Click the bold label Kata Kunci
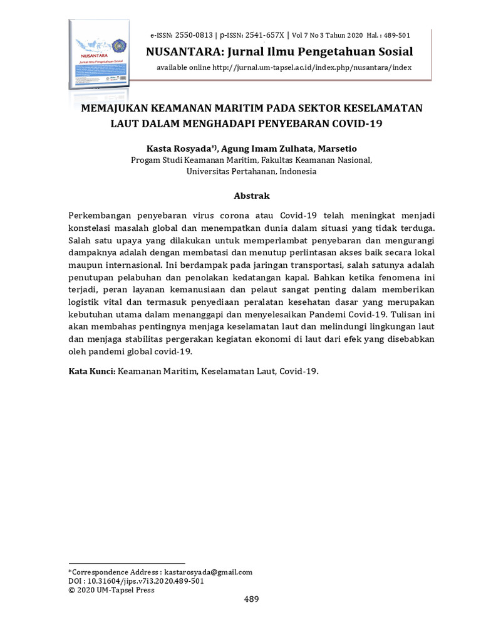(x=90, y=371)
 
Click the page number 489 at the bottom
(x=251, y=599)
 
